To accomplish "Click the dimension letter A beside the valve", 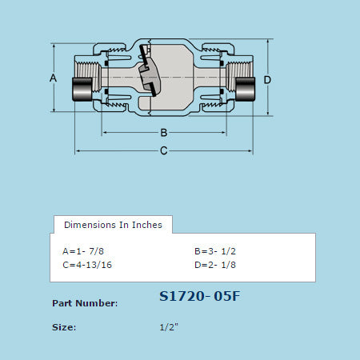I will (x=54, y=78).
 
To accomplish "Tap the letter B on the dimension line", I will (x=163, y=132).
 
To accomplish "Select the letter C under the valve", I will (x=163, y=150).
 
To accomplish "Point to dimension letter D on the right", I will (x=267, y=80).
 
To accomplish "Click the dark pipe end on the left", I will (x=82, y=90).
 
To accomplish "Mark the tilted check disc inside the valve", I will (x=148, y=72).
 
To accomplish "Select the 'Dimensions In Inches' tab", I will (x=113, y=225).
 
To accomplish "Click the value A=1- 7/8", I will (x=84, y=250).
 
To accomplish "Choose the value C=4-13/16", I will (x=87, y=265).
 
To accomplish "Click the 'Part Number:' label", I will (x=85, y=303).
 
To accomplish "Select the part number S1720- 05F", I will (x=200, y=297).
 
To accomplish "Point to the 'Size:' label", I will (x=64, y=327).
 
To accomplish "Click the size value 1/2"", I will (x=170, y=327).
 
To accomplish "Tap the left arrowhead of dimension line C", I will (x=78, y=150).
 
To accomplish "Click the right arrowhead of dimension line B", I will (x=222, y=132).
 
